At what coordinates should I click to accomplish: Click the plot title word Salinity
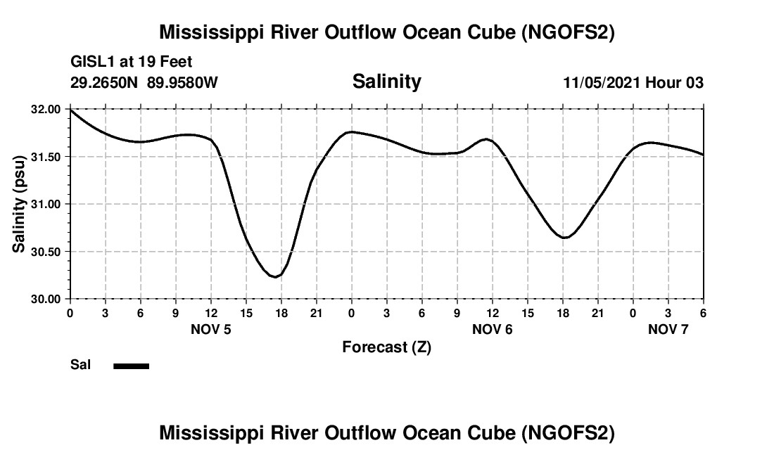tap(386, 82)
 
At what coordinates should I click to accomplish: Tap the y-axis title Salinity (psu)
tap(20, 204)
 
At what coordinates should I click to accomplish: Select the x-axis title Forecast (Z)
tap(386, 347)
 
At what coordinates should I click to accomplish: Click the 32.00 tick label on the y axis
tap(46, 110)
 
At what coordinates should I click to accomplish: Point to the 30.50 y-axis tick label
tap(46, 252)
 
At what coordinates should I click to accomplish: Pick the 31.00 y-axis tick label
tap(46, 205)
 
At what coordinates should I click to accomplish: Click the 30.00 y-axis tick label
tap(46, 299)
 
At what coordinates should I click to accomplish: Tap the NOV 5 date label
tap(211, 329)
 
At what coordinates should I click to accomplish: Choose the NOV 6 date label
tap(493, 329)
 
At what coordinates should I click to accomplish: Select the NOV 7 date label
tap(668, 329)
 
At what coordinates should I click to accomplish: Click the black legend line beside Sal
tap(132, 366)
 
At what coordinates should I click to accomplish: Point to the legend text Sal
tap(80, 365)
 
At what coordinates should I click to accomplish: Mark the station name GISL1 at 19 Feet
tap(132, 63)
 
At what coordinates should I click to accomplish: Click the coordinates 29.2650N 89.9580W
tap(144, 82)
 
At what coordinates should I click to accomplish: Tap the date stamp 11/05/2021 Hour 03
tap(633, 82)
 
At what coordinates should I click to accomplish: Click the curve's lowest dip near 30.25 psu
tap(275, 277)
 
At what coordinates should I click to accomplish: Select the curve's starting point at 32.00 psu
tap(70, 110)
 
